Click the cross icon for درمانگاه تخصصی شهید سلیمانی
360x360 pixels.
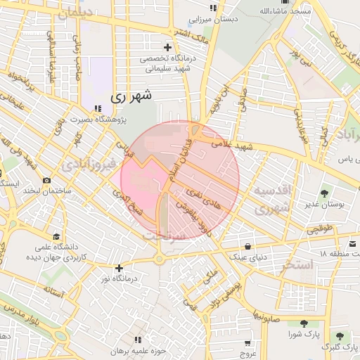167,46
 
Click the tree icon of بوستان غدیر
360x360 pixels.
324,193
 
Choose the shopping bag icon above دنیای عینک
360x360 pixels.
248,246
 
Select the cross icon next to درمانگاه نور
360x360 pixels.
119,268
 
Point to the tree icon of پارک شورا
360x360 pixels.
303,323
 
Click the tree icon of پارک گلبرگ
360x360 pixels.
340,337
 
